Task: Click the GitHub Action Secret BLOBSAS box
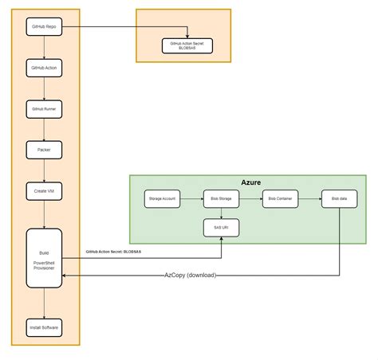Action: point(187,45)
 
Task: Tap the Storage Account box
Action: point(163,198)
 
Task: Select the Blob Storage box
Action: point(221,198)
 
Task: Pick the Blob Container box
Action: point(281,198)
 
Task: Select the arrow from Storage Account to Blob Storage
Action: point(191,198)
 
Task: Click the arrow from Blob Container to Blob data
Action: point(310,198)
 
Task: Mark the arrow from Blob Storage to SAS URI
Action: point(221,213)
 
